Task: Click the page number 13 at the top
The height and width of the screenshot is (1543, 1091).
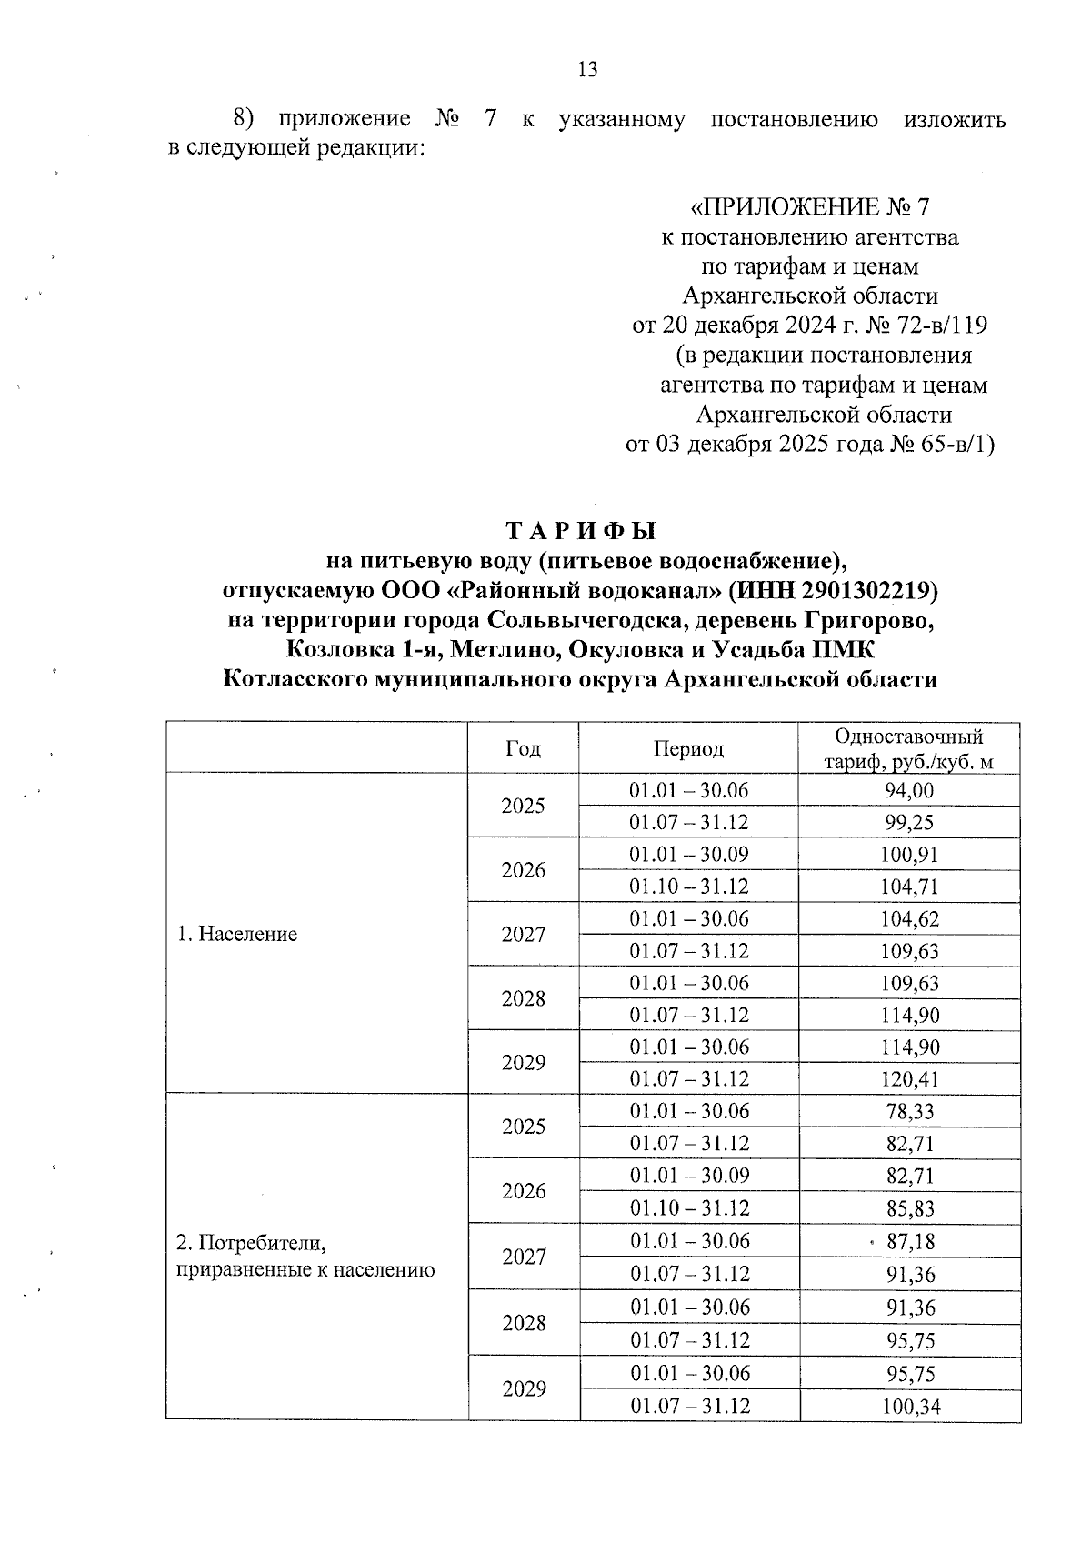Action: pos(587,70)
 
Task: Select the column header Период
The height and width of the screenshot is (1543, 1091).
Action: pos(688,748)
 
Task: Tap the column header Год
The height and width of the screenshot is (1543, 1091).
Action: pos(523,748)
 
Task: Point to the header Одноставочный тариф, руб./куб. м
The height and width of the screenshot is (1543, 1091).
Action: pos(909,749)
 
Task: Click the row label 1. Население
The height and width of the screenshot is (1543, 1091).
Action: pos(236,934)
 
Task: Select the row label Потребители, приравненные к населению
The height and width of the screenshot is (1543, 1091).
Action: pos(304,1256)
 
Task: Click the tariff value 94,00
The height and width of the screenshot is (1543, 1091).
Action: pos(909,790)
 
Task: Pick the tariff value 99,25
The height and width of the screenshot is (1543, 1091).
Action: pos(909,822)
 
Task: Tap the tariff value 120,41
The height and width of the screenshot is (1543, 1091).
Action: pos(909,1079)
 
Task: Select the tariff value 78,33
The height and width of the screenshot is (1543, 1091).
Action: pos(910,1111)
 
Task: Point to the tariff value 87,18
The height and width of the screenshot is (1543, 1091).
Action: pos(910,1241)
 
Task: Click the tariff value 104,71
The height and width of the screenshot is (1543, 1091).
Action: pos(909,887)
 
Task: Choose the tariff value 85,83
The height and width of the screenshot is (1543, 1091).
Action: pos(910,1208)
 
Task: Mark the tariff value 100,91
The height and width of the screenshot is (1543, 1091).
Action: pos(909,855)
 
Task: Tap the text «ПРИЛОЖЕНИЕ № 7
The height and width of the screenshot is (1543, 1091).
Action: pos(810,207)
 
